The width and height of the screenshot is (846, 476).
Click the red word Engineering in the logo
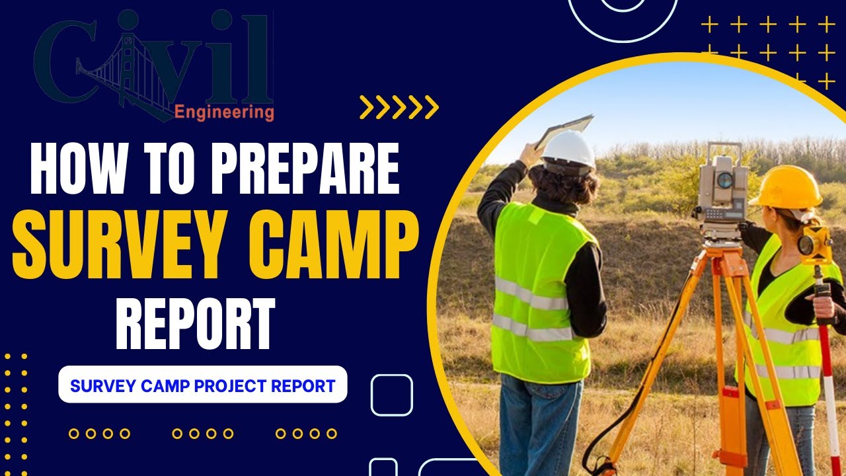[224, 112]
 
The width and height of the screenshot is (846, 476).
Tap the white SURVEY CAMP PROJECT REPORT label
[203, 385]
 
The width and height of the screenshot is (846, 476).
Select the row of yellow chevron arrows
[399, 107]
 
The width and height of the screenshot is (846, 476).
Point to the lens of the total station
[725, 180]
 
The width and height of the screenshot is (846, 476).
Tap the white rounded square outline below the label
[391, 395]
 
